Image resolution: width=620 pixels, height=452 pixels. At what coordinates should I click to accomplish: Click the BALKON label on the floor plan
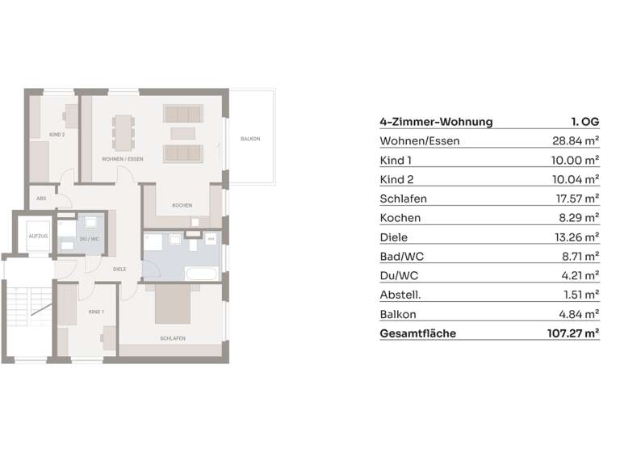(250, 140)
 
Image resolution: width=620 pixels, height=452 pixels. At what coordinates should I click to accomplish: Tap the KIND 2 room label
(57, 134)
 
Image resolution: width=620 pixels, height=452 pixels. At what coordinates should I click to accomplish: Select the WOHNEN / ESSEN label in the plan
(123, 159)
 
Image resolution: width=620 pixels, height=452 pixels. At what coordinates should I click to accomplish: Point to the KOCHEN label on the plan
(182, 206)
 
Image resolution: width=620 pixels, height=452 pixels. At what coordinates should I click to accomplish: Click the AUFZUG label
(38, 236)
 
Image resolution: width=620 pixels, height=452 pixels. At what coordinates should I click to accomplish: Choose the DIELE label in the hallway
(119, 270)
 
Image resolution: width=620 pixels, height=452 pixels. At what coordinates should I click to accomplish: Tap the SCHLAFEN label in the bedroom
(173, 339)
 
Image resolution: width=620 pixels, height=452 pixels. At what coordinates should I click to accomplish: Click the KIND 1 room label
(96, 312)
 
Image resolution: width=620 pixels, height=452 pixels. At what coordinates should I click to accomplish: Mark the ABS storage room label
(41, 198)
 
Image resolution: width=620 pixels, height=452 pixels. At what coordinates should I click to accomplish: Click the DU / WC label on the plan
(90, 239)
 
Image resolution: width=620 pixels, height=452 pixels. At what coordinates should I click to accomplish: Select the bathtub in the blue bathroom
(201, 274)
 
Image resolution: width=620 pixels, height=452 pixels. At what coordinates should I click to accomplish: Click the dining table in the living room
(124, 132)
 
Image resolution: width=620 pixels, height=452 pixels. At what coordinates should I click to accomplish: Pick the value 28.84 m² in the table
(569, 141)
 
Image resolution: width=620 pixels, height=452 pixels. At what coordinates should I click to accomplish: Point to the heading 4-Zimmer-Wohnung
(436, 123)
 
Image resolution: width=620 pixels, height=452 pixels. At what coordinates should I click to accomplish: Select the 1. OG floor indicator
(584, 123)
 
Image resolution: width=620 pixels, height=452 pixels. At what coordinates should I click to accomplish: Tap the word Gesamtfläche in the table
(417, 333)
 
